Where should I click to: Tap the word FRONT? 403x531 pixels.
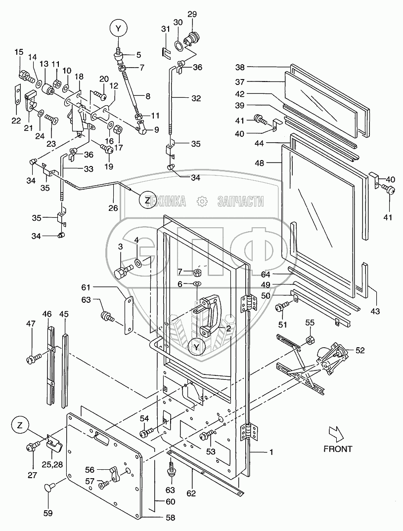338,449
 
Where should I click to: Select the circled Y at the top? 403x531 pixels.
118,29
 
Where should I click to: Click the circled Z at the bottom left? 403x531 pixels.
20,425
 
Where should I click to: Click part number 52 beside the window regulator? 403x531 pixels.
360,351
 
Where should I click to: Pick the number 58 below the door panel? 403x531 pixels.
171,518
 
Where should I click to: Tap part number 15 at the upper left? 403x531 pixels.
19,52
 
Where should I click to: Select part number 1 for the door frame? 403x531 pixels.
270,452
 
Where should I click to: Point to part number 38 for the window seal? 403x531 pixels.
240,67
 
